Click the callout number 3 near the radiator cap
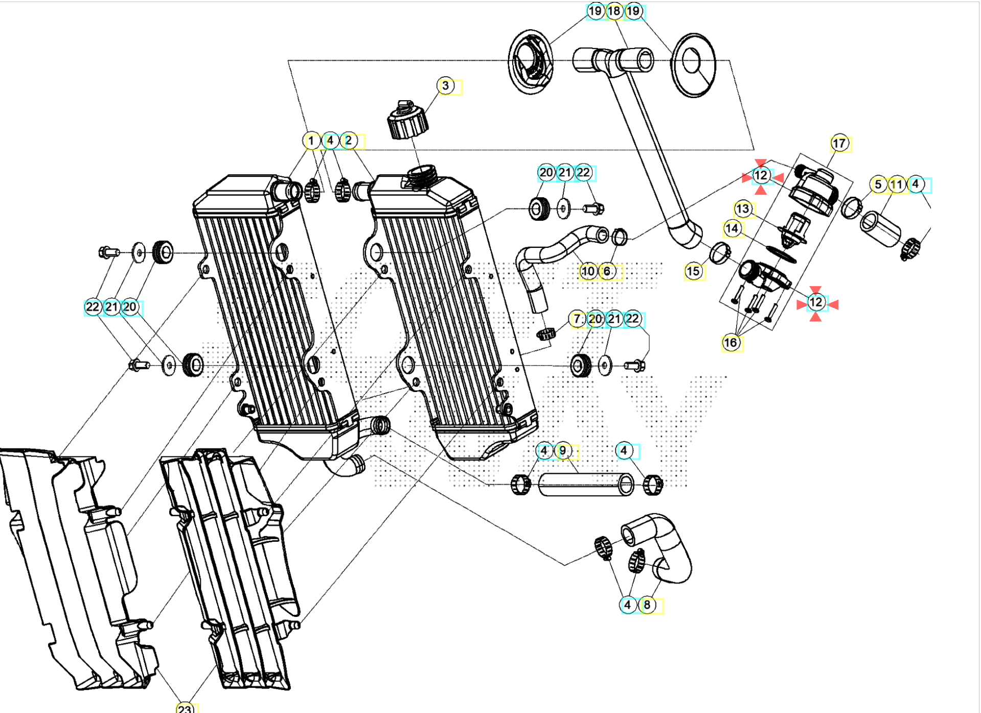coord(446,86)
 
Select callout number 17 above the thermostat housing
coord(839,143)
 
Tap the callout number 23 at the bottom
coord(185,708)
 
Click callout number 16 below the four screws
coord(731,342)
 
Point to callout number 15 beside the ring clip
coord(693,271)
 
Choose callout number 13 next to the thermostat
coord(742,209)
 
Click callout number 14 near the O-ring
coord(732,228)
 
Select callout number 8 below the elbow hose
coord(647,605)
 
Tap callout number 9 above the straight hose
coord(563,451)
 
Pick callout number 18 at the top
coord(614,11)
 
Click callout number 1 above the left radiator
coord(311,140)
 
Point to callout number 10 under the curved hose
coord(588,271)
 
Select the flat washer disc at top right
coord(693,65)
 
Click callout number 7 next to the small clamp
coord(577,319)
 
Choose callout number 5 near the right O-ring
coord(878,184)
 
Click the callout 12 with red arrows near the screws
coord(816,302)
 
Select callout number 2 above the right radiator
coord(349,140)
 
